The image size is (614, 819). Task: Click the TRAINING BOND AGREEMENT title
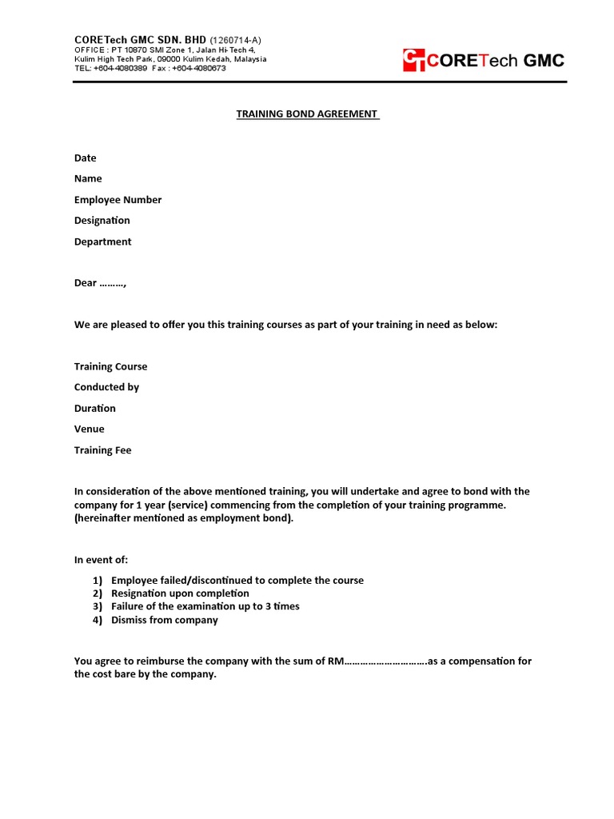pos(308,114)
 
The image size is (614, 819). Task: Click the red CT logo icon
pos(414,61)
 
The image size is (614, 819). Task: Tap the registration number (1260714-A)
pos(235,40)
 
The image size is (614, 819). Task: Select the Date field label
pos(85,158)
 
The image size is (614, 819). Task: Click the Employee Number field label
pos(118,200)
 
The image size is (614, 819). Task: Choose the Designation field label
pos(102,221)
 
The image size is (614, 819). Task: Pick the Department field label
pos(102,242)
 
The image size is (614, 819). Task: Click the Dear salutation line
pos(100,283)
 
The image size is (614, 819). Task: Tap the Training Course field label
pos(110,366)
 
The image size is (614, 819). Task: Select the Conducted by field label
pos(106,387)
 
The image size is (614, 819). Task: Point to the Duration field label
pos(94,408)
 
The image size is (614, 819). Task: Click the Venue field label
pos(89,429)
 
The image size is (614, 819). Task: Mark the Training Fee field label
pos(102,450)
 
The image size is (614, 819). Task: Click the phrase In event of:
pos(101,559)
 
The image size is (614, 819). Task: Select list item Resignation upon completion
pos(180,593)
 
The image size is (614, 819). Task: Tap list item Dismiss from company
pos(164,620)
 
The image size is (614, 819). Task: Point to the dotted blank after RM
pos(385,661)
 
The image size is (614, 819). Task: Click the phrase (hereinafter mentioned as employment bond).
pos(184,518)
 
